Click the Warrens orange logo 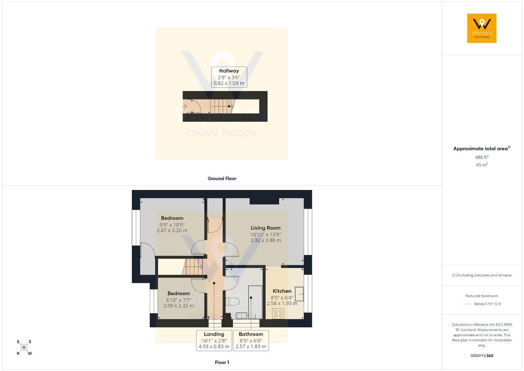pyautogui.click(x=482, y=28)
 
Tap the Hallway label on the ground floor pyautogui.click(x=229, y=71)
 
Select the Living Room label pyautogui.click(x=266, y=228)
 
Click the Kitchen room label pyautogui.click(x=282, y=291)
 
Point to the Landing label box pyautogui.click(x=214, y=340)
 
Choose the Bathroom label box pyautogui.click(x=251, y=340)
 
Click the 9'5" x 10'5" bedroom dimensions pyautogui.click(x=172, y=225)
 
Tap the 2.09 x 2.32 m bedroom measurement pyautogui.click(x=179, y=306)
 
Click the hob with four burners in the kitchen pyautogui.click(x=278, y=314)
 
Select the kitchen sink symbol pyautogui.click(x=299, y=294)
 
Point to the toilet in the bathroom pyautogui.click(x=232, y=302)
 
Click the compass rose pyautogui.click(x=24, y=348)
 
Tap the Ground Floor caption pyautogui.click(x=222, y=179)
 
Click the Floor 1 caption pyautogui.click(x=222, y=362)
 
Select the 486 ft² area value pyautogui.click(x=482, y=157)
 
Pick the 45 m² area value pyautogui.click(x=482, y=165)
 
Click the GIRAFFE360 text pyautogui.click(x=482, y=355)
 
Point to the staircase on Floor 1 pyautogui.click(x=192, y=267)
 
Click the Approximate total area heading pyautogui.click(x=482, y=148)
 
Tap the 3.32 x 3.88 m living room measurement pyautogui.click(x=266, y=240)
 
